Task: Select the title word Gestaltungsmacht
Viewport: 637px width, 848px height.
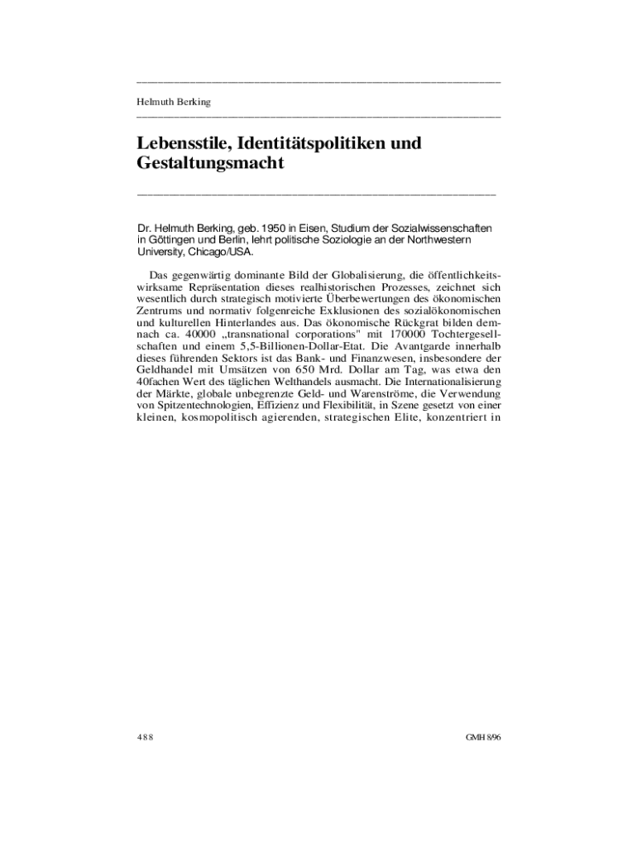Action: click(210, 163)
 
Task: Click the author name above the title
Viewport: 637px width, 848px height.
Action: click(173, 102)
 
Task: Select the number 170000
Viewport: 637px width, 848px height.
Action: click(404, 332)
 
